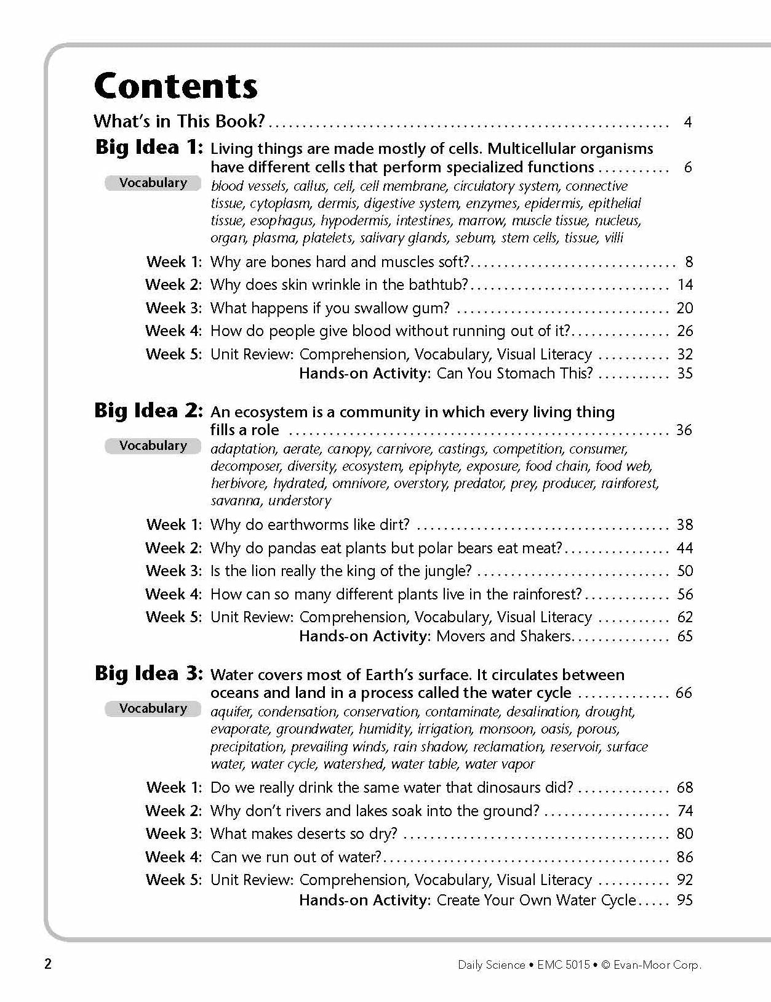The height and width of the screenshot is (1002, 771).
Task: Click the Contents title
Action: tap(176, 86)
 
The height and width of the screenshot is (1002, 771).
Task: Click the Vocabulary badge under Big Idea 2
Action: tap(153, 446)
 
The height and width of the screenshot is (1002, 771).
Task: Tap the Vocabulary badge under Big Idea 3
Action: tap(153, 708)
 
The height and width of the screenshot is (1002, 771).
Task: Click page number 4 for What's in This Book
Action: tap(687, 122)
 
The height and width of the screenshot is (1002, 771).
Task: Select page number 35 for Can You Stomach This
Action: tap(684, 373)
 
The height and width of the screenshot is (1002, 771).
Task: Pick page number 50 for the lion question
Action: tap(684, 571)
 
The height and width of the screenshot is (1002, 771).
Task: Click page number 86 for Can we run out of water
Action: tap(684, 857)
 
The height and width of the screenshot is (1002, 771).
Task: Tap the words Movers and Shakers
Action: tap(503, 636)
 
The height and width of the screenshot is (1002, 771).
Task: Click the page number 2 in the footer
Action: tap(48, 964)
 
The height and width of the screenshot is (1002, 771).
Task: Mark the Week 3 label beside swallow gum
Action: tap(174, 308)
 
